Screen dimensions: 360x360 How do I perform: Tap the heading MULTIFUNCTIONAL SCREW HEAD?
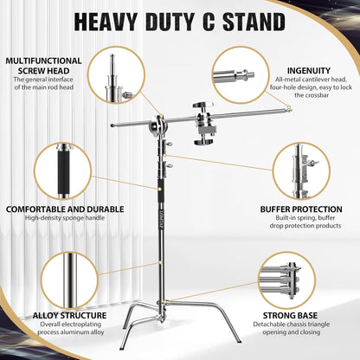click(43, 67)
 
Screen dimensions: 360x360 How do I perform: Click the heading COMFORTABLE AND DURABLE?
click(56, 209)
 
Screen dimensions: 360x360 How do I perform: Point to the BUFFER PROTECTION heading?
click(301, 209)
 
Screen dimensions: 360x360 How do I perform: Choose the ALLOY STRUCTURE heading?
click(57, 316)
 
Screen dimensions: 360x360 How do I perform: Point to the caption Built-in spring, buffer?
click(301, 219)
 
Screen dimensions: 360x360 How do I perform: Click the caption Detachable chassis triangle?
click(299, 326)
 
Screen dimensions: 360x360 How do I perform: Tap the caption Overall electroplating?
click(57, 326)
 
